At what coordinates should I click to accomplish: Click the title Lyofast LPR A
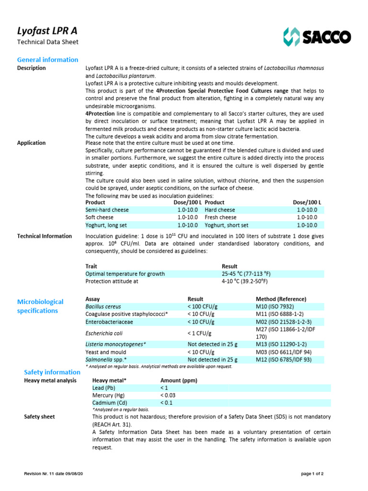click(47, 31)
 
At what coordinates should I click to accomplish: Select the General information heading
click(47, 59)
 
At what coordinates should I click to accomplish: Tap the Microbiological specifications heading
click(40, 306)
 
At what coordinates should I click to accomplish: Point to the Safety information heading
click(52, 372)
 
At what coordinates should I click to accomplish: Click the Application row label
click(32, 143)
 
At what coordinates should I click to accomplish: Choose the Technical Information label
click(45, 236)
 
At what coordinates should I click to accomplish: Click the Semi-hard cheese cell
click(107, 210)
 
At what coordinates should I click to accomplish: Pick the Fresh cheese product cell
click(220, 218)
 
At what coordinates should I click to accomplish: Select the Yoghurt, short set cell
click(226, 225)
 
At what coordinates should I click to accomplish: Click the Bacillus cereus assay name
click(103, 306)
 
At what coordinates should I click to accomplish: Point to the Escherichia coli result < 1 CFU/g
click(199, 332)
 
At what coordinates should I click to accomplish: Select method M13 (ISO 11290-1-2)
click(281, 344)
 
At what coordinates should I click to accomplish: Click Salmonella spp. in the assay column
click(106, 360)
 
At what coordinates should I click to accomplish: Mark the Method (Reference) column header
click(281, 299)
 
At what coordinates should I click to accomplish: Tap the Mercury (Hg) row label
click(108, 396)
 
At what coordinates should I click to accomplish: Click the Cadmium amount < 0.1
click(166, 403)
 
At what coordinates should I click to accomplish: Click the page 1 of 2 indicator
click(312, 474)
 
